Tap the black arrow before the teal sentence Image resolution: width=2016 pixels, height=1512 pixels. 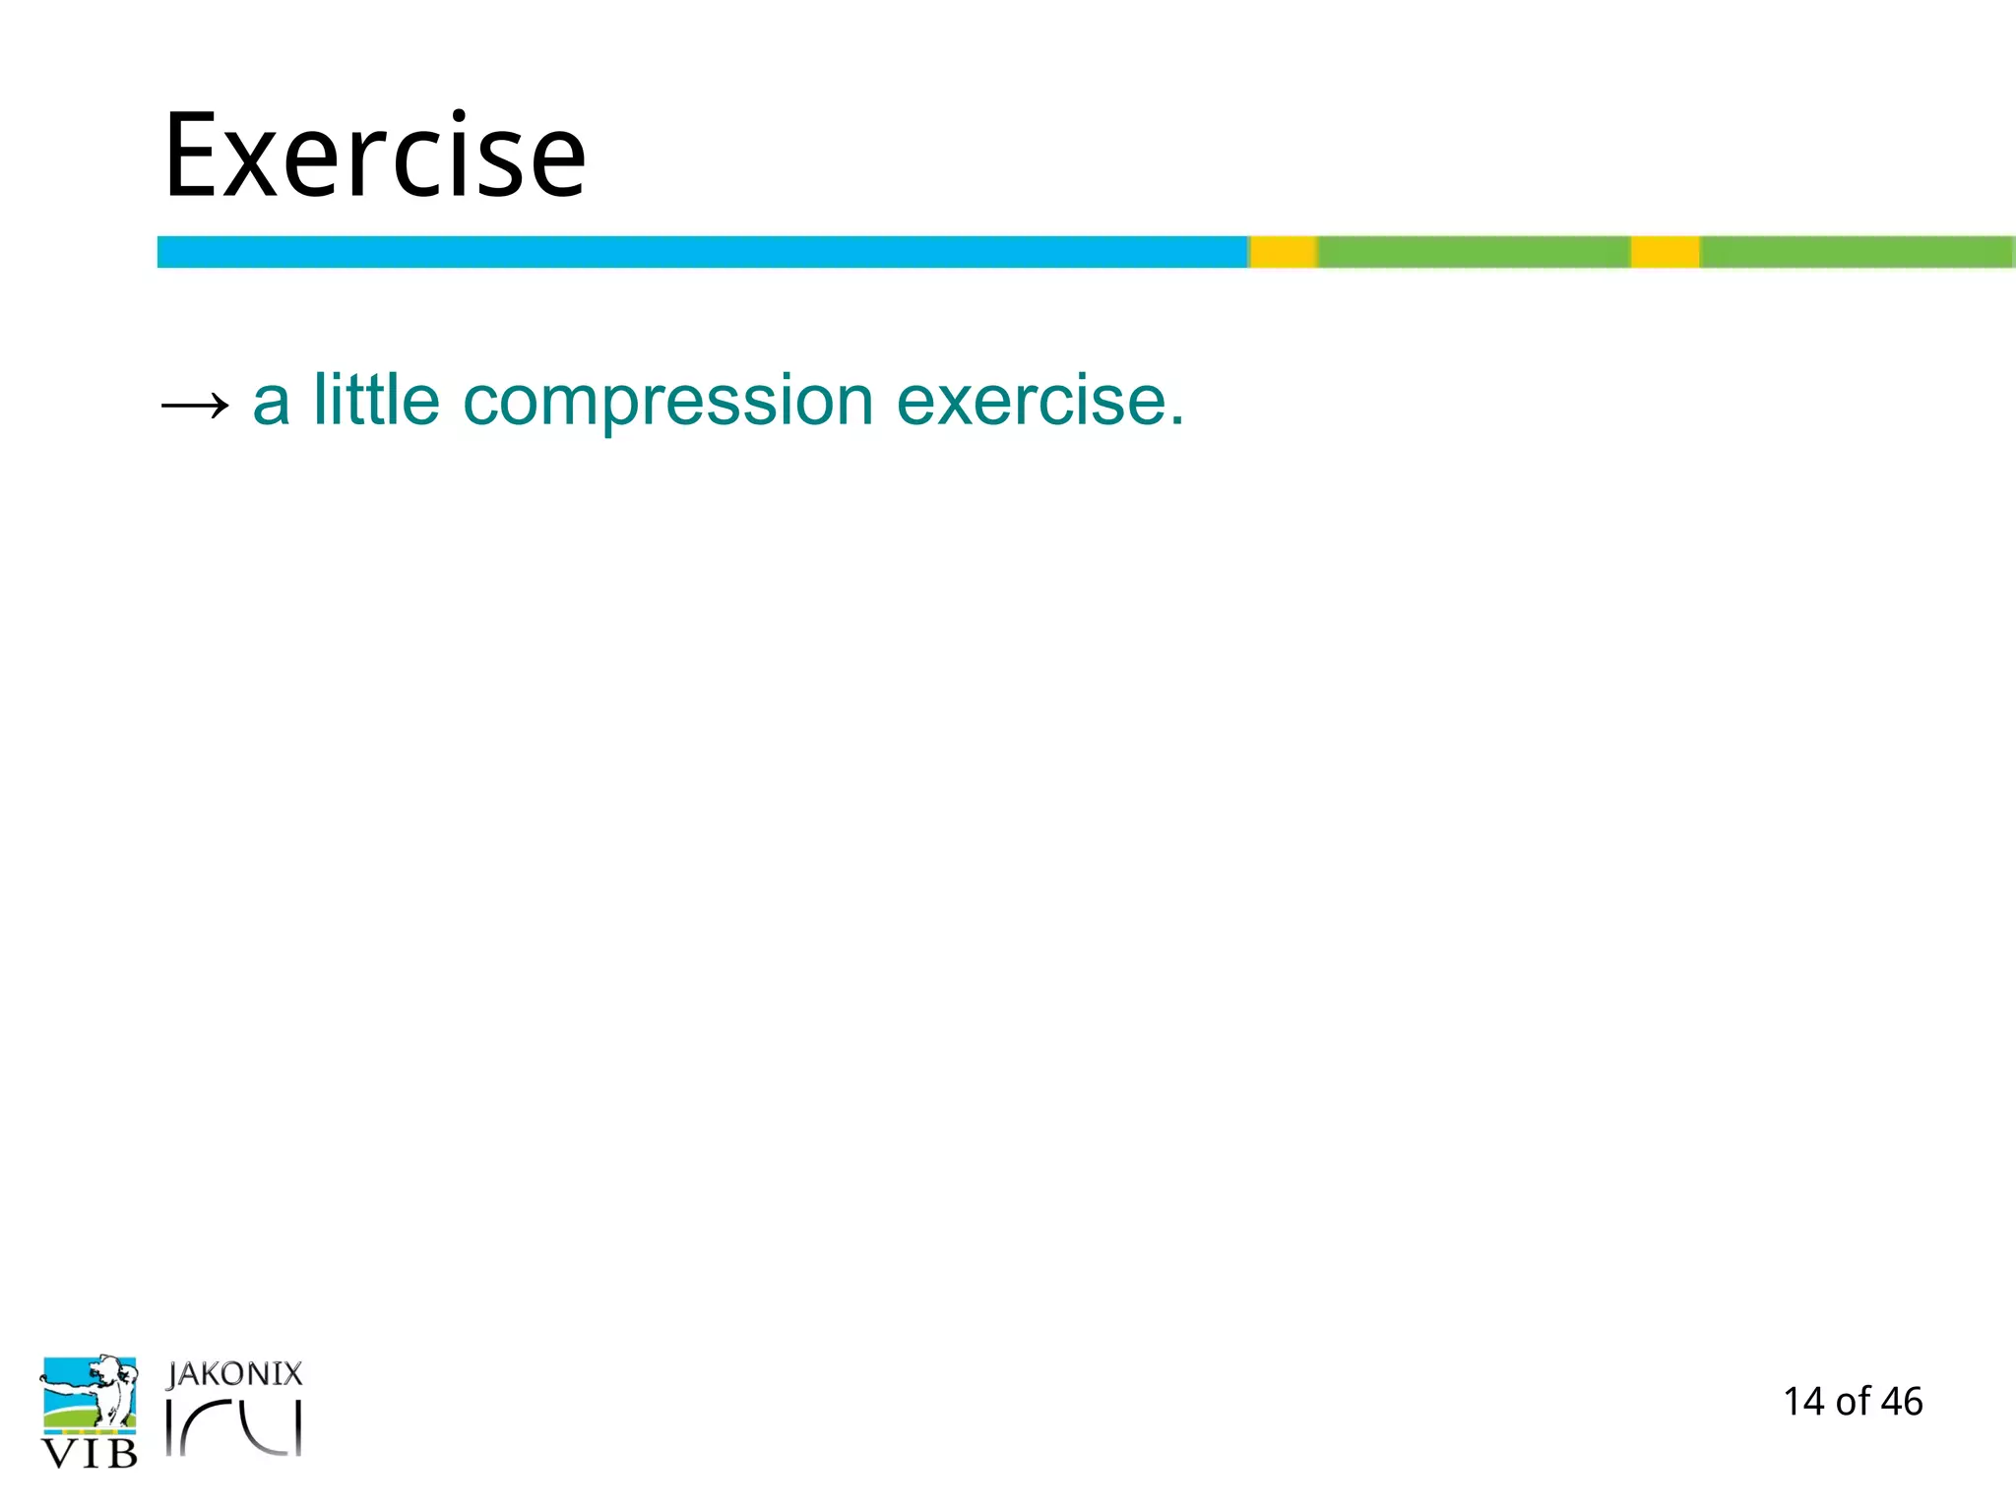195,405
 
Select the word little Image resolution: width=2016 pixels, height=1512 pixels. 376,401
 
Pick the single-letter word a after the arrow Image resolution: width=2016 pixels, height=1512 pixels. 272,404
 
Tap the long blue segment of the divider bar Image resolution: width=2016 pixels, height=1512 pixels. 701,252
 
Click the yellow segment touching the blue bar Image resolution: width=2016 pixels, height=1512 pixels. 1284,252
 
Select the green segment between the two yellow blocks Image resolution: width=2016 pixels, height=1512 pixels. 1474,252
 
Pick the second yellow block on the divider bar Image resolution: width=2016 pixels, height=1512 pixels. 1665,252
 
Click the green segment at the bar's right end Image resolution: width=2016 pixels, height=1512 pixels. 1856,252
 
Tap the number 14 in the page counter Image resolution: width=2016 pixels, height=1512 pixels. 1804,1402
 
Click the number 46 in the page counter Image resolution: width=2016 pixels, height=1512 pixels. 1901,1402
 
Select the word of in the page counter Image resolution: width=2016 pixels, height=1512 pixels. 1853,1402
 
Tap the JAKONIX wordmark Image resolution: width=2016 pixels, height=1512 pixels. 234,1374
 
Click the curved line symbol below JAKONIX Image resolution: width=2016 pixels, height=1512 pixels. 236,1427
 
